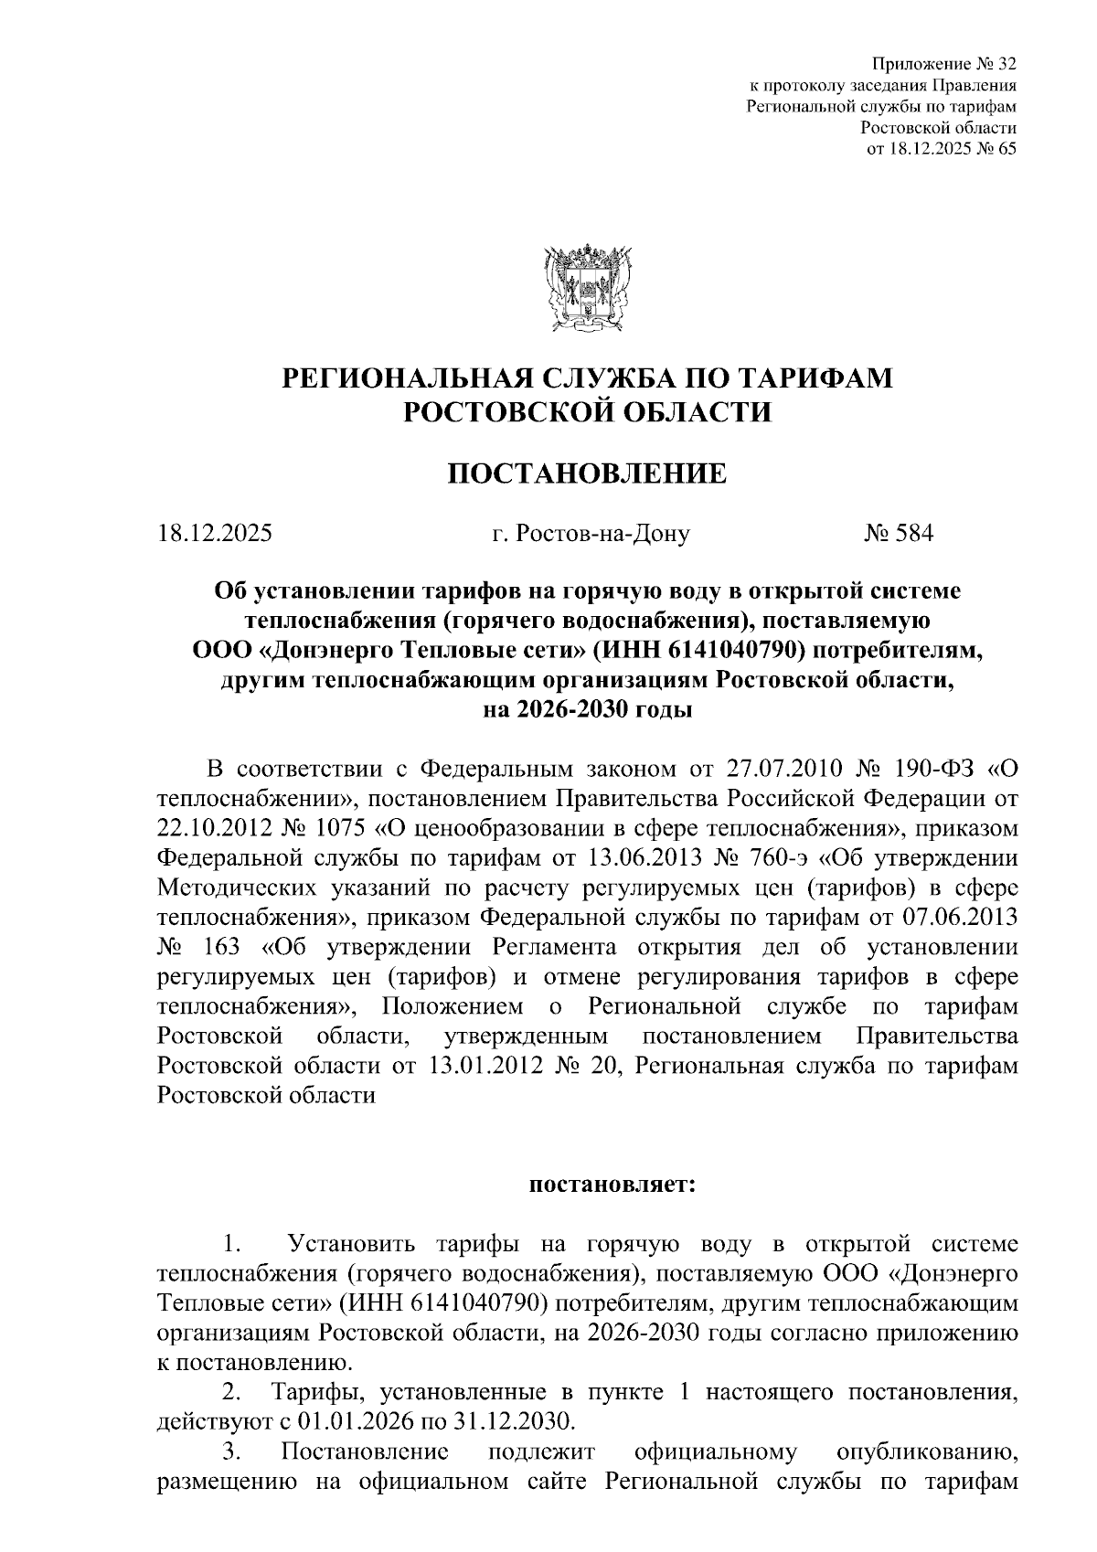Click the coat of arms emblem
tap(586, 284)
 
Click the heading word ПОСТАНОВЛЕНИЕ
tap(586, 473)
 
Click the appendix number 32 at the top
tap(1004, 64)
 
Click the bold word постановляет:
tap(613, 1185)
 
